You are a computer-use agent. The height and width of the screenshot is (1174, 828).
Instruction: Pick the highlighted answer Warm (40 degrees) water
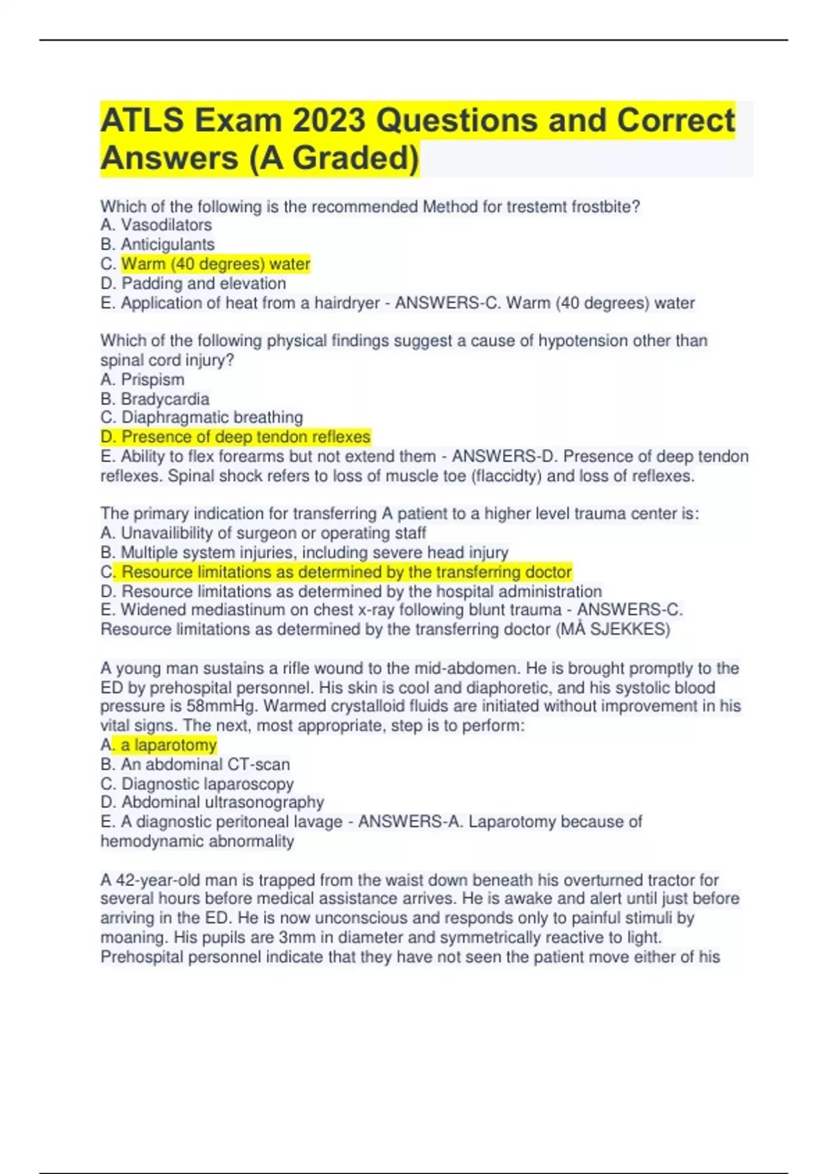click(215, 264)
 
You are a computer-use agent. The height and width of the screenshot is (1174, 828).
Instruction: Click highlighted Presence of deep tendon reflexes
click(235, 436)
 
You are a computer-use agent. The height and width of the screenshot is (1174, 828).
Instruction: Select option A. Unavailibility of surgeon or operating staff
click(263, 533)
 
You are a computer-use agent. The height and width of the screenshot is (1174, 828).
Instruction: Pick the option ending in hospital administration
click(351, 591)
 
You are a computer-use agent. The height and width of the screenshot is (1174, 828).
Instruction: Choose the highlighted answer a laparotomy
click(168, 745)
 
